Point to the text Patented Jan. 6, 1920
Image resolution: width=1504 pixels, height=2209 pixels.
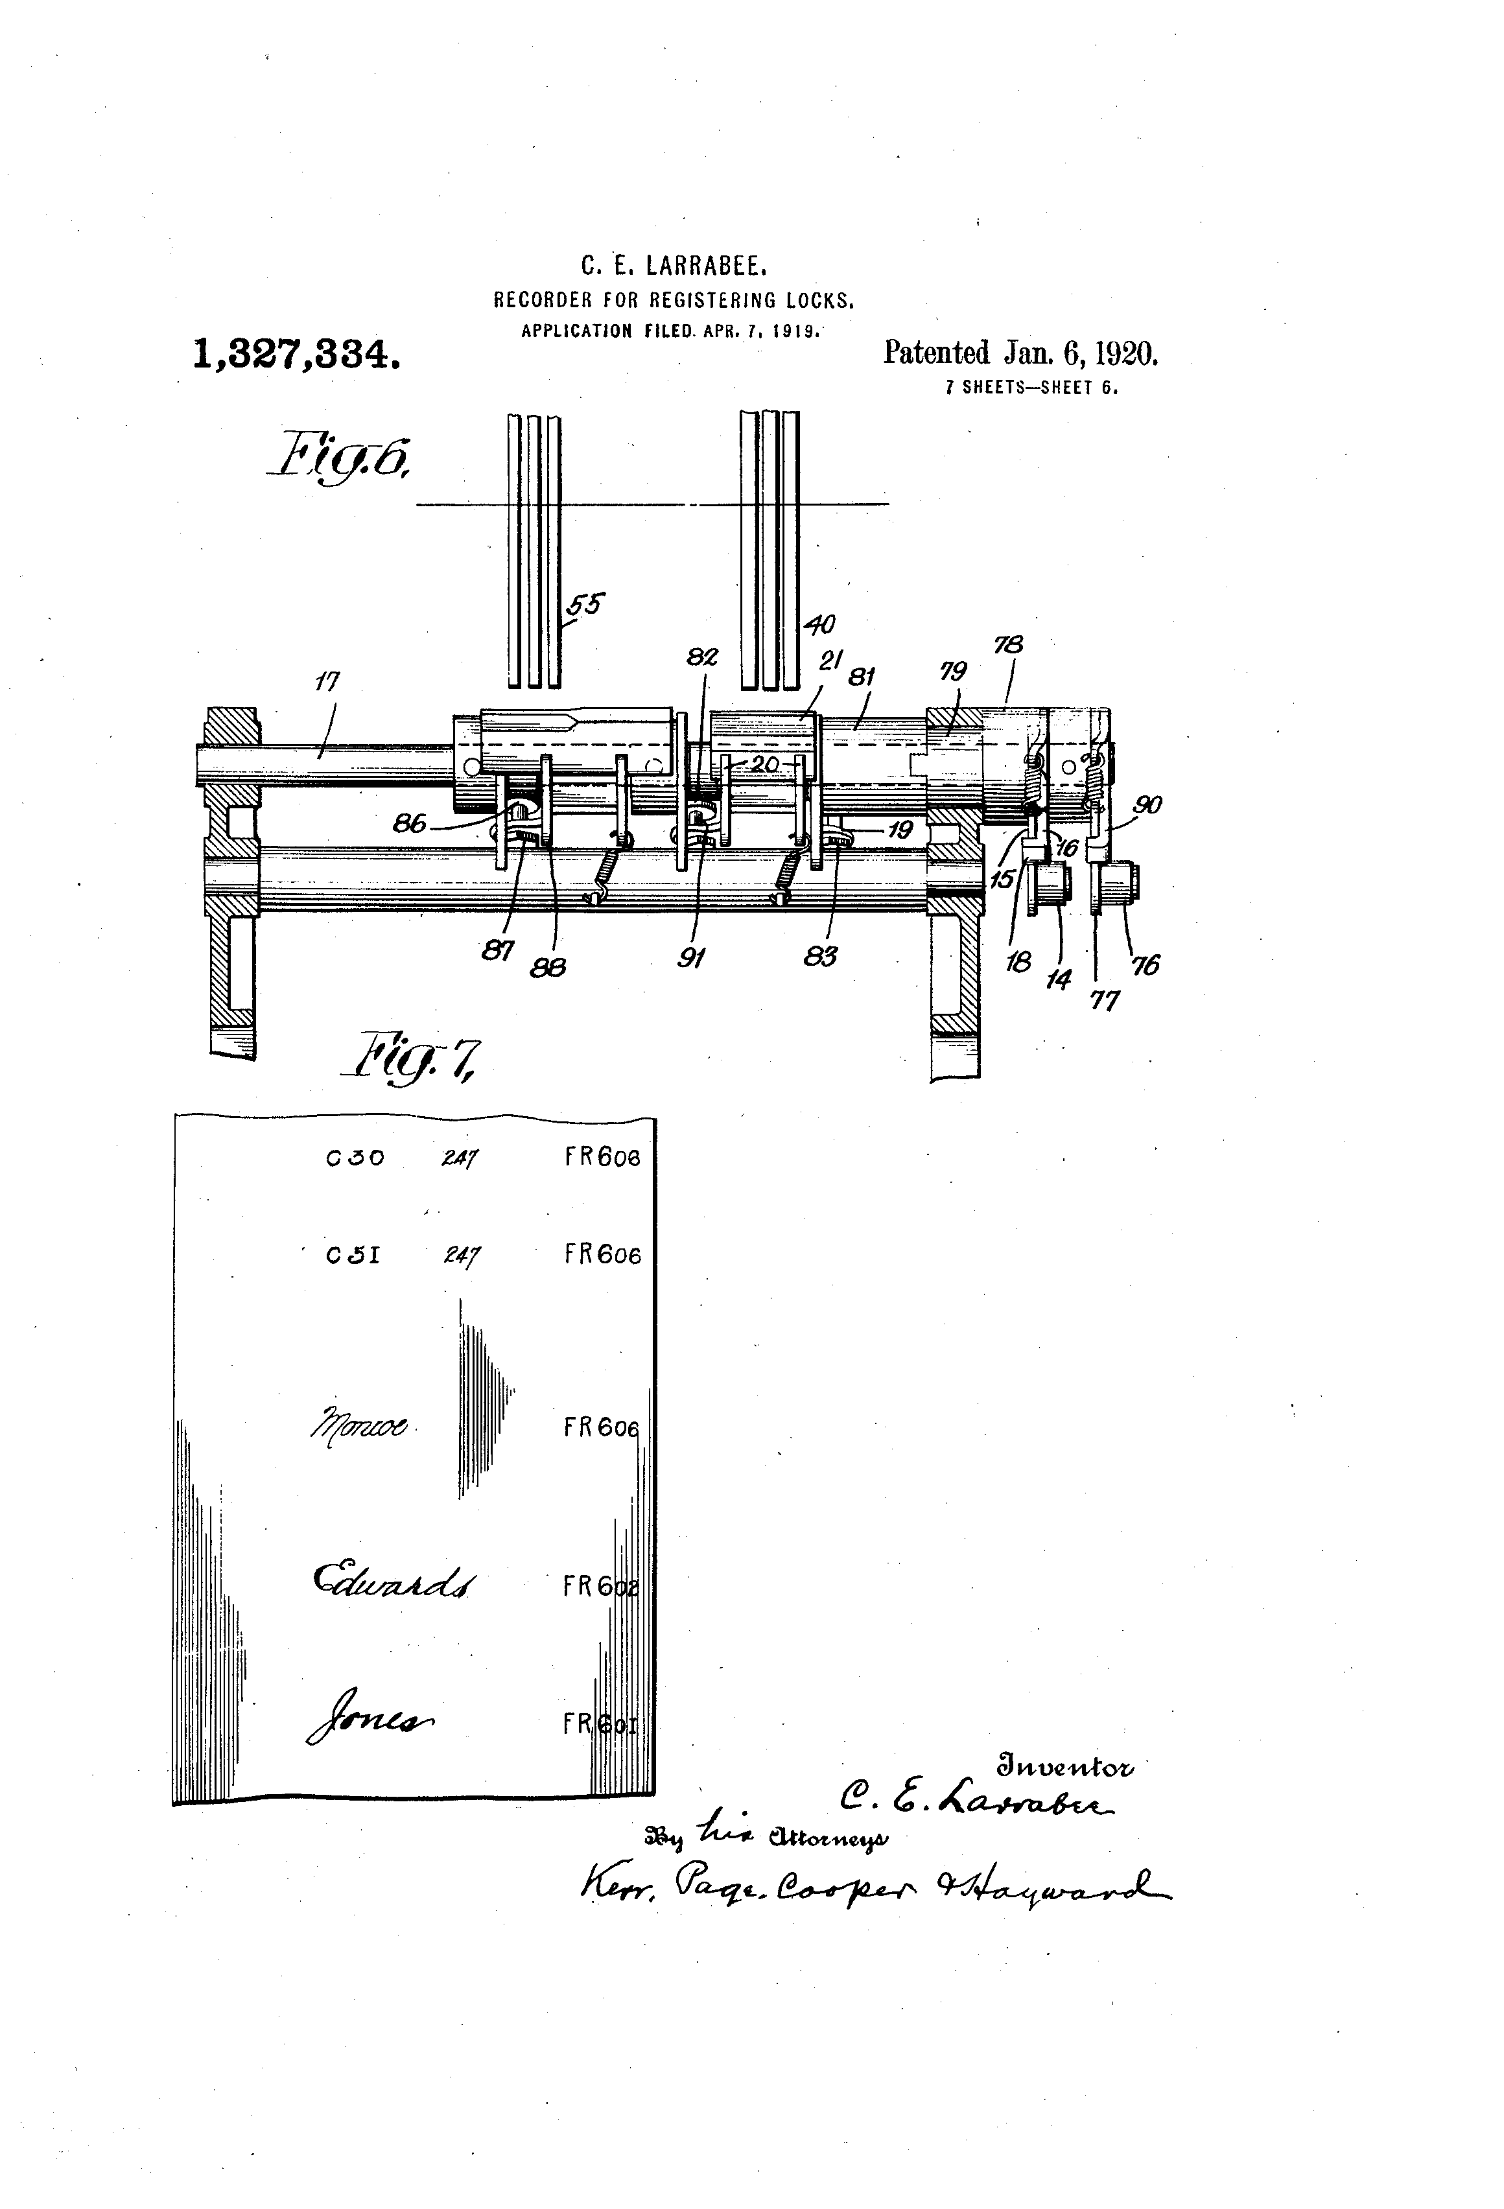point(1021,354)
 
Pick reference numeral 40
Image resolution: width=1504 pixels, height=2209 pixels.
point(819,624)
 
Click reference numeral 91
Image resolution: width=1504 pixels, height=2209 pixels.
point(690,958)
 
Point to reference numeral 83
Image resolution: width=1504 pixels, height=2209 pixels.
point(819,956)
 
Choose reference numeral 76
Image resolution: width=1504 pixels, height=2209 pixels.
point(1146,964)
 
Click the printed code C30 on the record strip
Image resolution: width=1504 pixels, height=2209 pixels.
point(355,1158)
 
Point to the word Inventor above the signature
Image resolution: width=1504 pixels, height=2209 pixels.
point(1064,1768)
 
